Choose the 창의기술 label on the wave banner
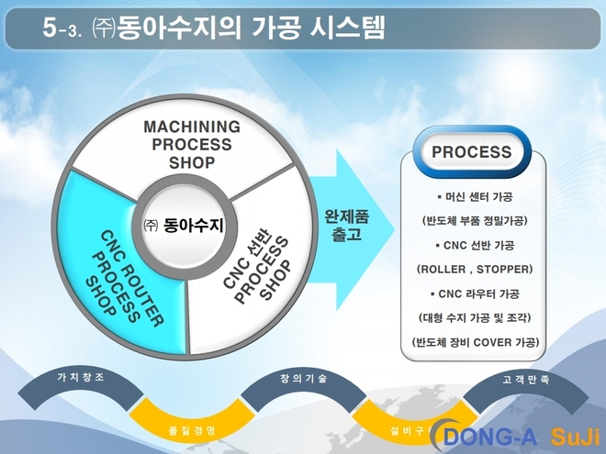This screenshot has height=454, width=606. click(x=302, y=378)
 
